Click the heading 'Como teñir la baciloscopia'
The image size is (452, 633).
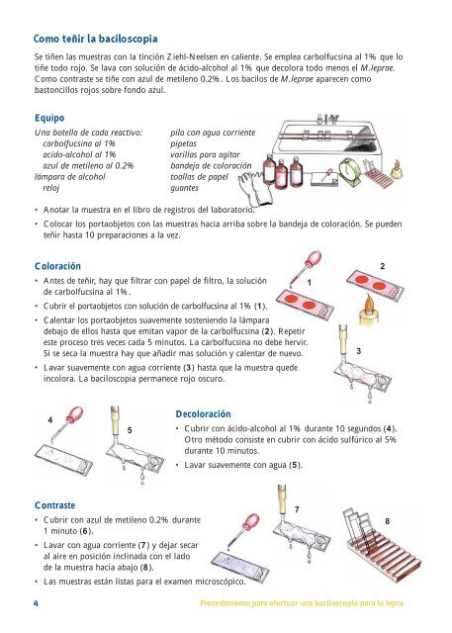[x=95, y=40]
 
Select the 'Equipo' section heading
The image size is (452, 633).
[x=49, y=118]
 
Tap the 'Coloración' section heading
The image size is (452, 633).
[x=57, y=266]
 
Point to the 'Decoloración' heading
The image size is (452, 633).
[x=203, y=413]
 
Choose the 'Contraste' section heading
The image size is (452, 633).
[x=54, y=505]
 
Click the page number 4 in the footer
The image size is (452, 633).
[x=36, y=603]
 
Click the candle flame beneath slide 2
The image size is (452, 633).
[x=369, y=304]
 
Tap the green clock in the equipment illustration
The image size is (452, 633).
[x=349, y=171]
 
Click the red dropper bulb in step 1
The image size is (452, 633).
[x=314, y=259]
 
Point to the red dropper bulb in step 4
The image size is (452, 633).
[x=74, y=414]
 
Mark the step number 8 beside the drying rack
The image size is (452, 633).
[x=387, y=521]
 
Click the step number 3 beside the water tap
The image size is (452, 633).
[x=359, y=351]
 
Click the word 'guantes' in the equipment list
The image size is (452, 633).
[x=184, y=188]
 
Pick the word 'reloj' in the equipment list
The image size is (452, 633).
[x=51, y=188]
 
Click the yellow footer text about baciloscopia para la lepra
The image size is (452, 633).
[x=302, y=603]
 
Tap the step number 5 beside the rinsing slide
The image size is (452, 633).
[x=130, y=430]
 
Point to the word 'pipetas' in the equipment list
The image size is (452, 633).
[x=183, y=143]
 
